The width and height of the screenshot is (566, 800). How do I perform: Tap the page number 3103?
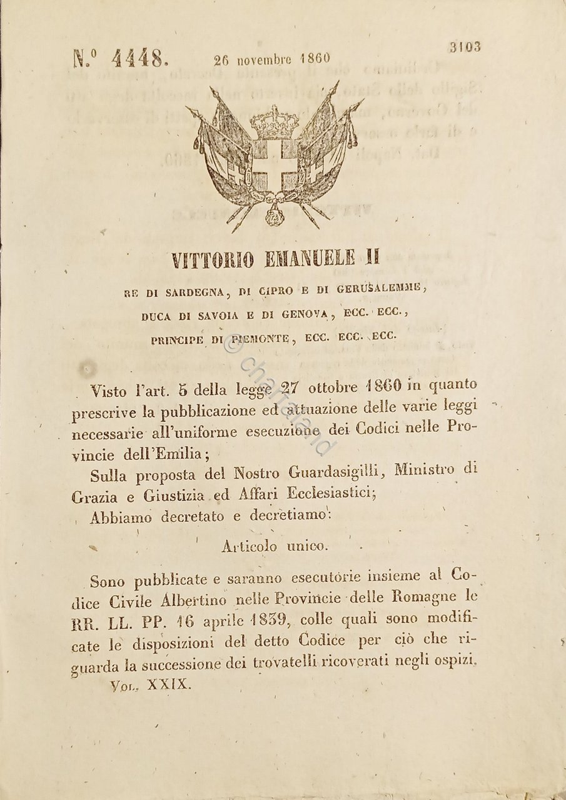click(465, 47)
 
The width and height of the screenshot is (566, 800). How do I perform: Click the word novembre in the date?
click(263, 59)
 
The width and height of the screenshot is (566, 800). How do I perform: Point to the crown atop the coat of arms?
click(274, 122)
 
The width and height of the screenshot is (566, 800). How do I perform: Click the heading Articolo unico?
click(274, 546)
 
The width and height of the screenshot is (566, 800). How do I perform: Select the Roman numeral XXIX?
click(168, 684)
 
